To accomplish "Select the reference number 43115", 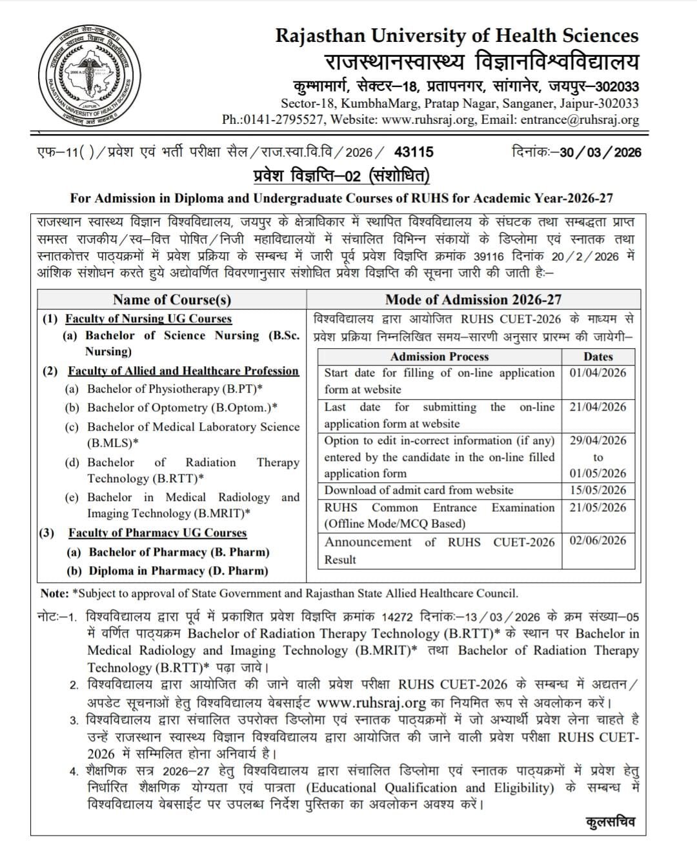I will tap(414, 152).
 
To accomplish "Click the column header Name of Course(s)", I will tap(172, 299).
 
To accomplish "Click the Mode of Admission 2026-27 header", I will tap(473, 299).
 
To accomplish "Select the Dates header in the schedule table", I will tap(598, 357).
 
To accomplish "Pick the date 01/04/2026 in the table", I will tap(598, 373).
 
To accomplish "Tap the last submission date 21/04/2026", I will tap(598, 407).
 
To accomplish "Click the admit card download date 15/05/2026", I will tap(598, 490).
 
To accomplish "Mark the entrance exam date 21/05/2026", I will tap(598, 507).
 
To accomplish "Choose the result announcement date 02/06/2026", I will tap(598, 540).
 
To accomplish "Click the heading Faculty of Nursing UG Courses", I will tap(148, 318).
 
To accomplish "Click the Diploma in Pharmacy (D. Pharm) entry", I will tap(178, 571).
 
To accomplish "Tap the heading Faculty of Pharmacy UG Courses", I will tap(157, 533).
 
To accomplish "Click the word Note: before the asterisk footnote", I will tap(54, 593).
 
